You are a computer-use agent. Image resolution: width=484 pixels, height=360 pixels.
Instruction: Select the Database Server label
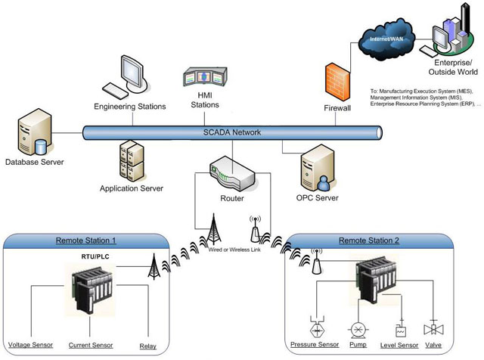[35, 162]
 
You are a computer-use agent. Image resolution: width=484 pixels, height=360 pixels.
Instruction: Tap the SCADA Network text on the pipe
[232, 132]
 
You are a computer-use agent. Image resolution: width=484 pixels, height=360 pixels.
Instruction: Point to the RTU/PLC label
[82, 257]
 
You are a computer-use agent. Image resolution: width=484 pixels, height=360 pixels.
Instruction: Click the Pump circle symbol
[357, 331]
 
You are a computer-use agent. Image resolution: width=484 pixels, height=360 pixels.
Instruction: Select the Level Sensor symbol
[400, 331]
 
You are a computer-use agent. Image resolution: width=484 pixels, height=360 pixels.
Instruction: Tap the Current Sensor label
[90, 346]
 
